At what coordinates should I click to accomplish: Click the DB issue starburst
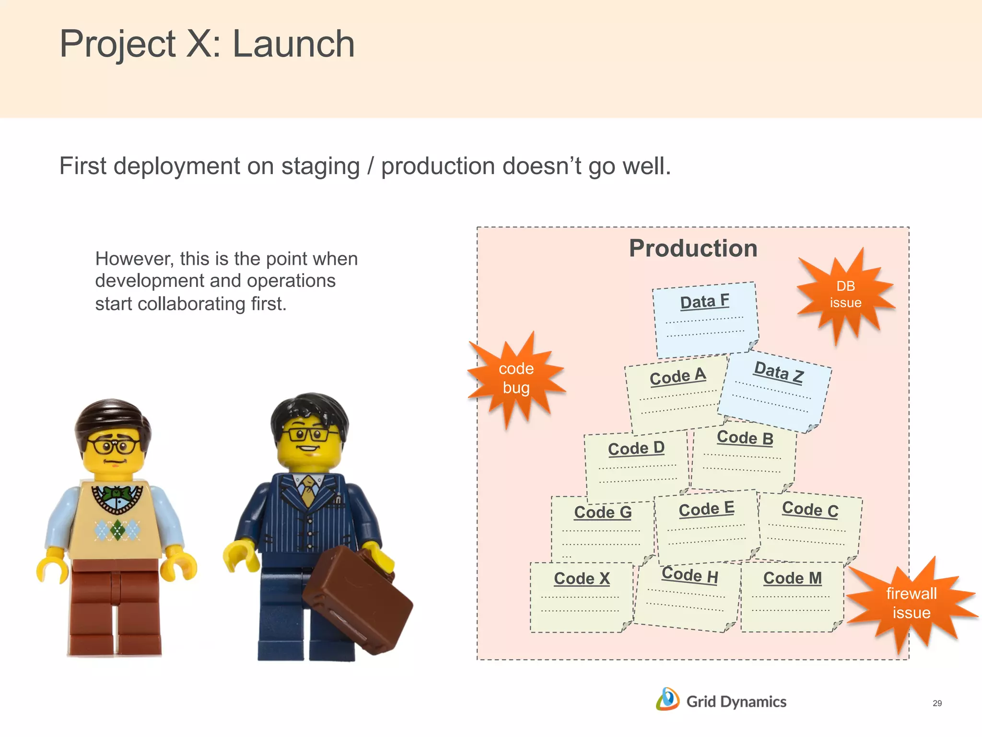[x=845, y=295]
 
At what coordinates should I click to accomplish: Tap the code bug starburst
[x=516, y=378]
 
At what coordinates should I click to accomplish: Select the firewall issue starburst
[x=911, y=603]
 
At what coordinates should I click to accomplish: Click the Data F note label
[x=704, y=302]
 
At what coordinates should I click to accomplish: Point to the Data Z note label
[x=778, y=372]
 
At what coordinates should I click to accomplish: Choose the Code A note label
[x=678, y=376]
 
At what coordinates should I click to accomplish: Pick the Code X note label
[x=582, y=579]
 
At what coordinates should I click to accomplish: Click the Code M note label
[x=792, y=578]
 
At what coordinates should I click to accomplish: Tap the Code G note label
[x=603, y=512]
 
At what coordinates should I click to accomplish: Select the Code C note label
[x=810, y=510]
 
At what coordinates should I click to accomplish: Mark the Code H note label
[x=690, y=575]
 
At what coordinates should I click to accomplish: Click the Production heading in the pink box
[x=693, y=249]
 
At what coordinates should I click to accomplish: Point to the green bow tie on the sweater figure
[x=117, y=494]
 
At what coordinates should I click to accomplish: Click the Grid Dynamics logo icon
[x=667, y=700]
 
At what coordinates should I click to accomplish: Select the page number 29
[x=937, y=703]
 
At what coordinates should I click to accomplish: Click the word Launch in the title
[x=293, y=44]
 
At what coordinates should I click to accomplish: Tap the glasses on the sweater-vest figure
[x=114, y=446]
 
